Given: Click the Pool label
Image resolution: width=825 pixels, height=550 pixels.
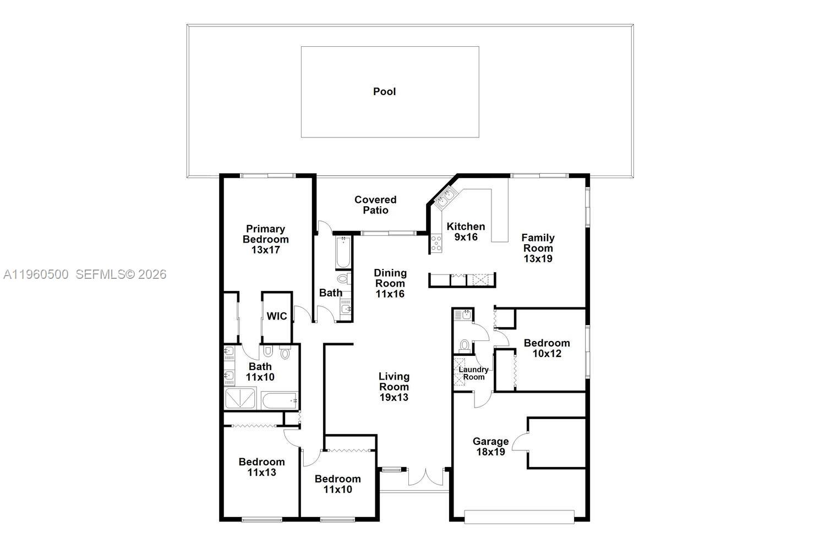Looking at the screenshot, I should pyautogui.click(x=384, y=91).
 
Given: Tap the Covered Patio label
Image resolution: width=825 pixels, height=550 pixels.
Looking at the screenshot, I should pyautogui.click(x=375, y=205).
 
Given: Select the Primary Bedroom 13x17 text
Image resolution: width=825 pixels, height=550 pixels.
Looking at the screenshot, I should pyautogui.click(x=265, y=239).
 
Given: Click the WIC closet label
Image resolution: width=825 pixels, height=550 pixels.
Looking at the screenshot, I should pyautogui.click(x=277, y=316).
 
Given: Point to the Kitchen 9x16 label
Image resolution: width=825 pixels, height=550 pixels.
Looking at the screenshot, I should pyautogui.click(x=466, y=232).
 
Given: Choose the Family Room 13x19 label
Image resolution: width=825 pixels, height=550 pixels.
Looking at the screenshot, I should pyautogui.click(x=538, y=248).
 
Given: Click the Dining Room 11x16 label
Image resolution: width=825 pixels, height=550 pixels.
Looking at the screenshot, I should pyautogui.click(x=390, y=283).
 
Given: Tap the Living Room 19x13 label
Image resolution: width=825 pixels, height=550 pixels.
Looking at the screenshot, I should pyautogui.click(x=394, y=387).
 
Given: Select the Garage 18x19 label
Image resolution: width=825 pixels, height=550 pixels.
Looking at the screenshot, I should pyautogui.click(x=490, y=447).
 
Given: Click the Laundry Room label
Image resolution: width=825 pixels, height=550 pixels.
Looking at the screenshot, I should pyautogui.click(x=473, y=373).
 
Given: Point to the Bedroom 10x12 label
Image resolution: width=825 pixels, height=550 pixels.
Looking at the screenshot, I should pyautogui.click(x=547, y=348).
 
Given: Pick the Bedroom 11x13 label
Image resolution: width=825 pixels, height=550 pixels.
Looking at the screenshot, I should pyautogui.click(x=261, y=467).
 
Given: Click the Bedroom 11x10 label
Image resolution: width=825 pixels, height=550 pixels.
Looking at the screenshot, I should pyautogui.click(x=337, y=484).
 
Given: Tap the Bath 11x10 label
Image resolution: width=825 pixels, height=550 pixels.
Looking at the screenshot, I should pyautogui.click(x=260, y=372).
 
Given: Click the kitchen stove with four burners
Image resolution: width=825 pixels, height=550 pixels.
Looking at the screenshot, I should pyautogui.click(x=436, y=243).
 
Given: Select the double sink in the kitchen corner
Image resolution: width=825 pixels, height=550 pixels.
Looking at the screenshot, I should pyautogui.click(x=445, y=197).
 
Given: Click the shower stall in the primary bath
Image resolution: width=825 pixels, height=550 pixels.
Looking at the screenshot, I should pyautogui.click(x=241, y=399).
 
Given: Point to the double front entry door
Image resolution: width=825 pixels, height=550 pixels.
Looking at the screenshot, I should pyautogui.click(x=425, y=476).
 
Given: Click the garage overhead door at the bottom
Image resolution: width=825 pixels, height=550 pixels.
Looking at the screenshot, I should pyautogui.click(x=519, y=517).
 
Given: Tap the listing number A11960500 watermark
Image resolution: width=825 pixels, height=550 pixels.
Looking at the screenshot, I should pyautogui.click(x=36, y=274).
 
